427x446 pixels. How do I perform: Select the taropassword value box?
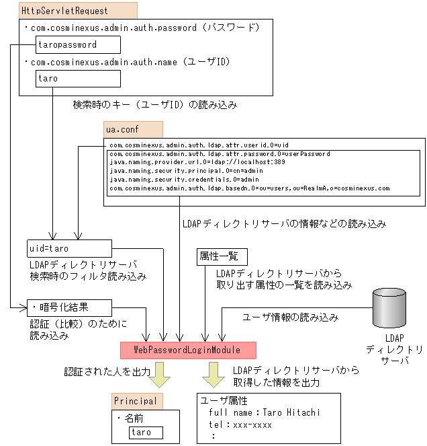[x=79, y=45]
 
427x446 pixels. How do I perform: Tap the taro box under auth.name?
[x=79, y=79]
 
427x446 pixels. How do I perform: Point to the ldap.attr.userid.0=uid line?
[x=198, y=145]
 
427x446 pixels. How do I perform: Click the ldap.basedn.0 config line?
[x=248, y=188]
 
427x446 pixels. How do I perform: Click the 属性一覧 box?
[x=222, y=257]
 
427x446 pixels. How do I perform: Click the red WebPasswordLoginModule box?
[x=189, y=350]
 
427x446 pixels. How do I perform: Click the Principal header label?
[x=136, y=402]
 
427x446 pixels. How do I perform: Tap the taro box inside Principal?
[x=146, y=431]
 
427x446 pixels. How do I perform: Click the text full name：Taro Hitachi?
[x=265, y=412]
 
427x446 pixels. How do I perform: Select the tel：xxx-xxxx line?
[x=240, y=424]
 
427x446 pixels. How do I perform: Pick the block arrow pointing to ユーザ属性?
[x=215, y=374]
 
